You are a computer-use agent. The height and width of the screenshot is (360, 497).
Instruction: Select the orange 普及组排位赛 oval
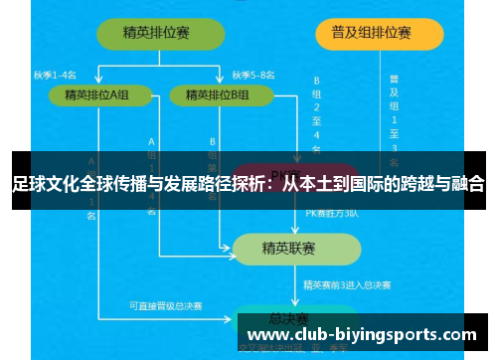click(378, 33)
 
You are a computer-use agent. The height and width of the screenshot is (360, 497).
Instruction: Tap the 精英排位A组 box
click(97, 95)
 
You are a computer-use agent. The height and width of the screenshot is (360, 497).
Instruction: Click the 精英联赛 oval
click(288, 247)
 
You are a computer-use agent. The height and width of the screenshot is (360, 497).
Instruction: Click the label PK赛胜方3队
click(329, 213)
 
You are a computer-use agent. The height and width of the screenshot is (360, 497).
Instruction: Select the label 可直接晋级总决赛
click(166, 305)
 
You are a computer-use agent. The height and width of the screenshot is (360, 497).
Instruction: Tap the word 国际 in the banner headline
click(366, 184)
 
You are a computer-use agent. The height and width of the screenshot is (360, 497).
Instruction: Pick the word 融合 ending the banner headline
click(467, 184)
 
